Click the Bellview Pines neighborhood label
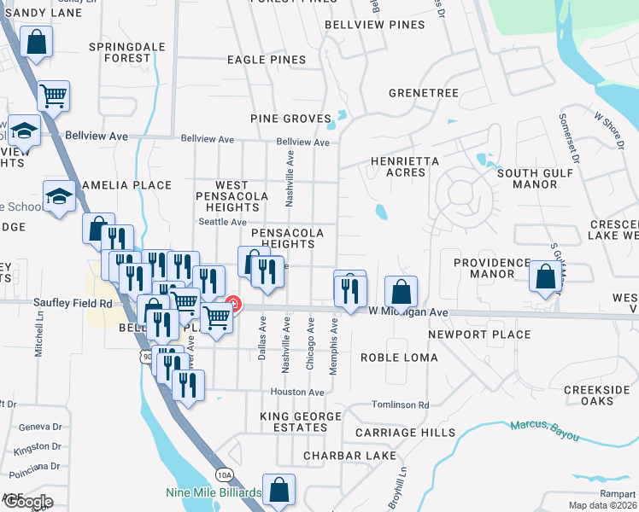coord(375,25)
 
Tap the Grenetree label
coord(424,93)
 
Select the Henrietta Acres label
coord(405,166)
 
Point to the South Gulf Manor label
coord(527,178)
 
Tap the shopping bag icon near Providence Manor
coord(545,276)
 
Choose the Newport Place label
coord(479,335)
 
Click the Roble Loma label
coord(399,358)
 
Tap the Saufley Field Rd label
coord(73,303)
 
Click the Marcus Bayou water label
coord(543,429)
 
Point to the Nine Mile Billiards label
coord(214,493)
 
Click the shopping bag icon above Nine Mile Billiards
coord(278,490)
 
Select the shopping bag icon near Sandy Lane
coord(36,41)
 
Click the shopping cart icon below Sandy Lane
coord(53,96)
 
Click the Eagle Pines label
coord(267,60)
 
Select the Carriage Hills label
coord(406,433)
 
